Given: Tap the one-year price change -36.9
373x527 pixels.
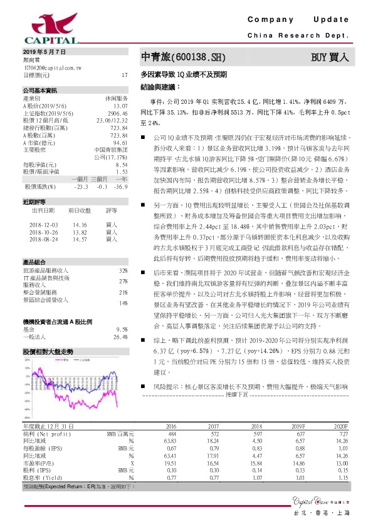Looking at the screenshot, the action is click(122, 187).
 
